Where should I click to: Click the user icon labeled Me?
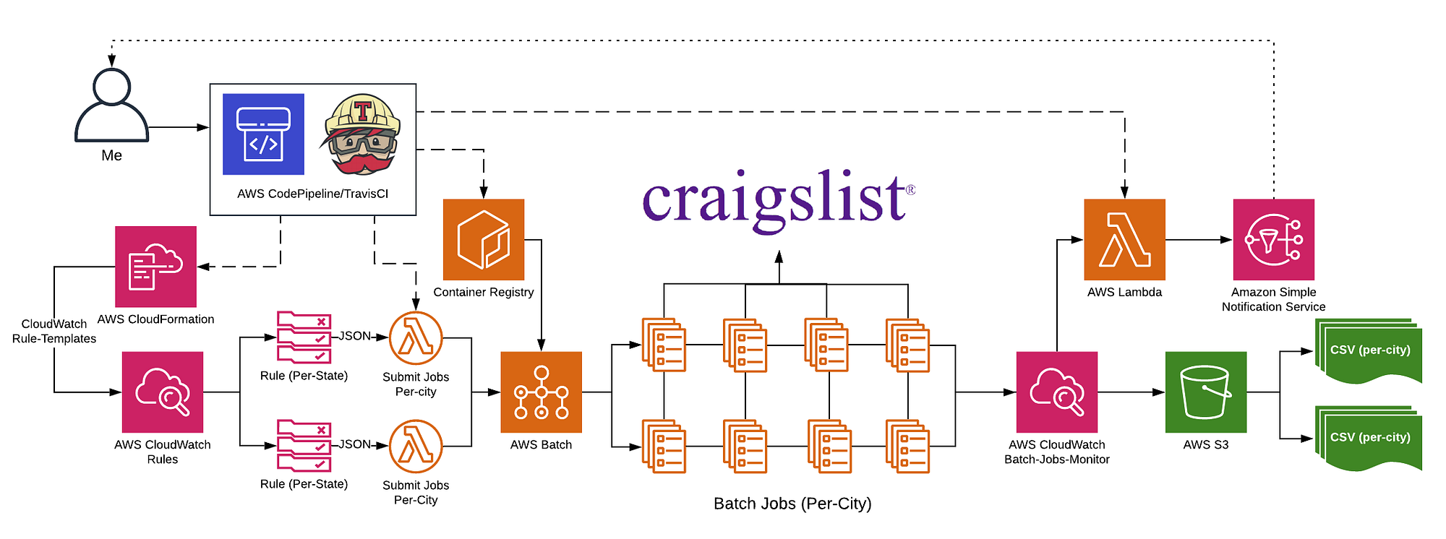(111, 105)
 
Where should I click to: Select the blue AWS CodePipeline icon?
(263, 134)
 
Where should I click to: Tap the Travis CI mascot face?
(361, 135)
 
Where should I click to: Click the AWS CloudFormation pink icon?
(155, 267)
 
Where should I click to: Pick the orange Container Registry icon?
(483, 239)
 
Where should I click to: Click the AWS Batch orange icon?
(541, 392)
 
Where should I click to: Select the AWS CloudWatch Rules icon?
(163, 392)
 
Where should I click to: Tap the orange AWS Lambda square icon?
(1124, 239)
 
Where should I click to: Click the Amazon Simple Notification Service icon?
(1273, 239)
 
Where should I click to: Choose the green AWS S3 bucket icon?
(1205, 392)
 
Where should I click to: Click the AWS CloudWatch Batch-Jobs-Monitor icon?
(1056, 392)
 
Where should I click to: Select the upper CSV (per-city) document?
(1369, 351)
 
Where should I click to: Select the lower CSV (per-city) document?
(1369, 439)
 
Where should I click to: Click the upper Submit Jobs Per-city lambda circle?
(416, 338)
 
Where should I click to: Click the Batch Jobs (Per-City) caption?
(792, 504)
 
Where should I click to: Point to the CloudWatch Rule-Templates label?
(54, 332)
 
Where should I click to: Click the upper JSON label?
(355, 336)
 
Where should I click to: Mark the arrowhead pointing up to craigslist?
(779, 256)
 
